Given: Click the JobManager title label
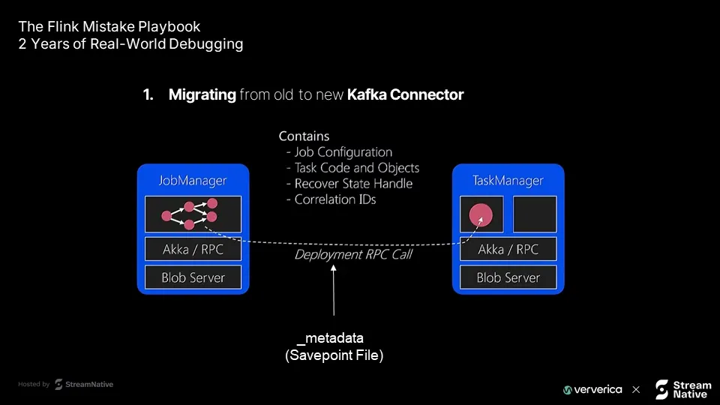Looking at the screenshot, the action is click(193, 181).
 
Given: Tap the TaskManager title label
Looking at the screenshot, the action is click(508, 181).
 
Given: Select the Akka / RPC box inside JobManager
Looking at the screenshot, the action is click(193, 249).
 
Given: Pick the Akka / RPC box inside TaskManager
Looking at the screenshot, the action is click(508, 249).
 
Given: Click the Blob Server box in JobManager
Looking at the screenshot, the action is click(193, 277).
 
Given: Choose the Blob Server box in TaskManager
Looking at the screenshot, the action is click(508, 277).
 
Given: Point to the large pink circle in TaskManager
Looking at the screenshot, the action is click(481, 215).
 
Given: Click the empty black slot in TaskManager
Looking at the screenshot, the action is click(535, 214).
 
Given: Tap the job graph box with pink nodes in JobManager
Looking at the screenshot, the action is click(193, 214).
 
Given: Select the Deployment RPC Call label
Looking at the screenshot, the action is click(353, 255).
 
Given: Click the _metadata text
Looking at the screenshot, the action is click(330, 338).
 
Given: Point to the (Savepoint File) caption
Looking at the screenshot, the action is click(334, 355).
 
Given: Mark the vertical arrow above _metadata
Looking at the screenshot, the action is click(334, 290).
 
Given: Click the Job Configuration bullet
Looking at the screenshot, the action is click(339, 152).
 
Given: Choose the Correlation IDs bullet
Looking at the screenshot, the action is click(331, 199).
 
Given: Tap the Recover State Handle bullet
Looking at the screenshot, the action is click(349, 184).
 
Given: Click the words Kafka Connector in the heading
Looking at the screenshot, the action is click(406, 94).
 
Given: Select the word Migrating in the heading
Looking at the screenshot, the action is click(202, 95).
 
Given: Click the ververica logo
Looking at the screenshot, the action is click(592, 390).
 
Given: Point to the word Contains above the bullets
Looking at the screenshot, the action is click(304, 136).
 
